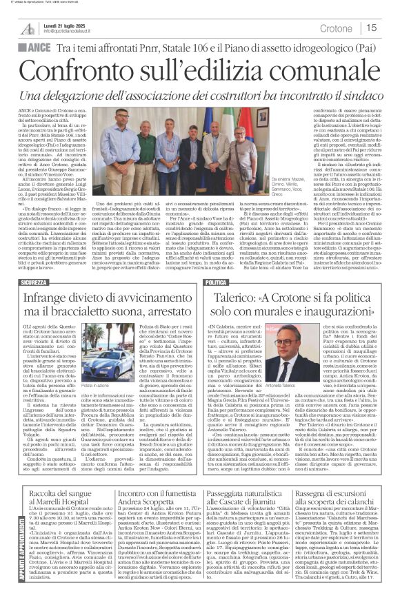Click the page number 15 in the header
click(x=370, y=28)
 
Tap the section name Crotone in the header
click(x=336, y=28)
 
